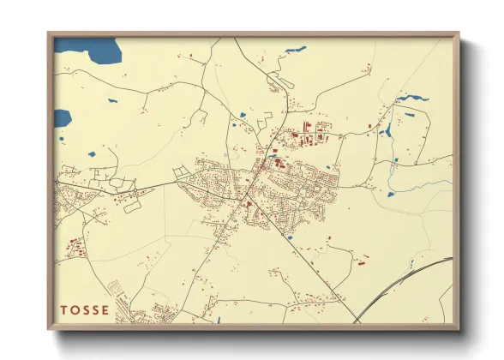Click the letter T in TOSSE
pyautogui.click(x=63, y=310)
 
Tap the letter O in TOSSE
pyautogui.click(x=75, y=310)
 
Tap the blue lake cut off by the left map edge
pyautogui.click(x=61, y=117)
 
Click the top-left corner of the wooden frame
pyautogui.click(x=49, y=34)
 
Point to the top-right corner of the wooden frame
pyautogui.click(x=459, y=34)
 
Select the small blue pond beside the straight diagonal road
pyautogui.click(x=291, y=237)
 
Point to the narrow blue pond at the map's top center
pyautogui.click(x=295, y=49)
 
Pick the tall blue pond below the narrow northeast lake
pyautogui.click(x=386, y=131)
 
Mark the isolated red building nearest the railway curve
pyautogui.click(x=361, y=261)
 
